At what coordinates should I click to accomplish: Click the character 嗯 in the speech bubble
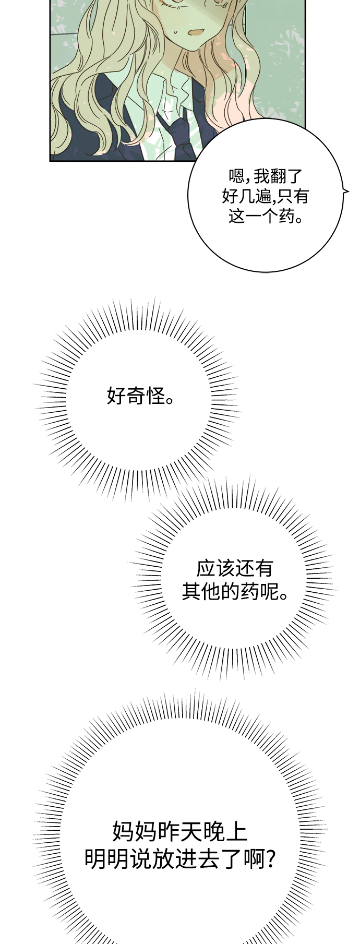[x=237, y=176]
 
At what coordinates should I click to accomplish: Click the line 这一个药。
[x=266, y=216]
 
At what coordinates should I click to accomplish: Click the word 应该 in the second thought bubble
[x=215, y=568]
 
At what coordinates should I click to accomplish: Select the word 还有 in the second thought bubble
[x=254, y=568]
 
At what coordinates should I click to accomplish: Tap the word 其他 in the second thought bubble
[x=201, y=592]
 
